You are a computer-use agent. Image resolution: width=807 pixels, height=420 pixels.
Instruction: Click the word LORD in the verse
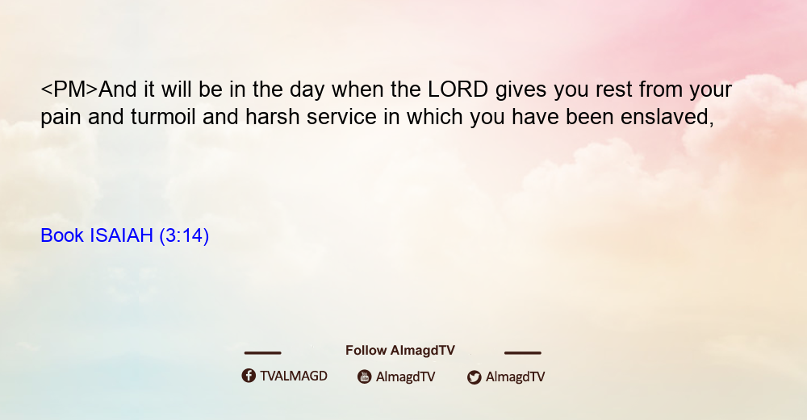[458, 89]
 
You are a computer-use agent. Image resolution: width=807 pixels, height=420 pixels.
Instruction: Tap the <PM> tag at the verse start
[69, 89]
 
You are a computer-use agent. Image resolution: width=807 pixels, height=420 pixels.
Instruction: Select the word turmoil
[163, 117]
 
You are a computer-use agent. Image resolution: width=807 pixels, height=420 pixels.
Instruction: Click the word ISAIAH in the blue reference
[122, 235]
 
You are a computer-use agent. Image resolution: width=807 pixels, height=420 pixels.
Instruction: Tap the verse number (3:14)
[184, 236]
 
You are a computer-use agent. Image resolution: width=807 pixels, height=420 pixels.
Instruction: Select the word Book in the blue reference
[62, 235]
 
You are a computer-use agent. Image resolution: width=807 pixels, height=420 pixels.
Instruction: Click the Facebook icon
[249, 376]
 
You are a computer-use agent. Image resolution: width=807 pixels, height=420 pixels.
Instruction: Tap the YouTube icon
[365, 376]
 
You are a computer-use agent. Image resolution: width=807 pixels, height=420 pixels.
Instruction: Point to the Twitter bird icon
[474, 377]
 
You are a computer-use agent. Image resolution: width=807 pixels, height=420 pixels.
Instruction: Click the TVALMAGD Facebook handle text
[294, 376]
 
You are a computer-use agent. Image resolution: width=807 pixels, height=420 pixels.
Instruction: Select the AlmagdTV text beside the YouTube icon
[406, 376]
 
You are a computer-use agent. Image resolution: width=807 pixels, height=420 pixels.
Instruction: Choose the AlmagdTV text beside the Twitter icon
[515, 376]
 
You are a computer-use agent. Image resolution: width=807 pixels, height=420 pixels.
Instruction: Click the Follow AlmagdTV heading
[400, 350]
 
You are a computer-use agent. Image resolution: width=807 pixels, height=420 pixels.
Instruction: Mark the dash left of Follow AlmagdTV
[262, 353]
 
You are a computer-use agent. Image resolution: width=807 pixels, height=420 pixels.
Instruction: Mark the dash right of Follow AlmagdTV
[523, 353]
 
